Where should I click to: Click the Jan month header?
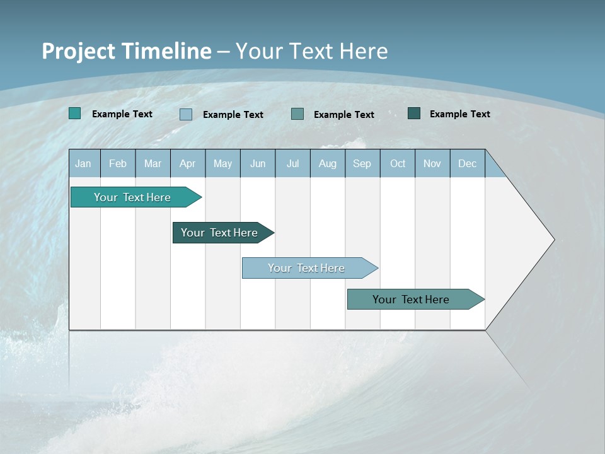point(83,163)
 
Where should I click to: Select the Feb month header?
point(118,163)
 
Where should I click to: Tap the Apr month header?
point(187,163)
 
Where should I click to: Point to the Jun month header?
point(258,163)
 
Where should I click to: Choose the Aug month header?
point(328,163)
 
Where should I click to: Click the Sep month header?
point(362,163)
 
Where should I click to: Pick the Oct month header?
point(398,163)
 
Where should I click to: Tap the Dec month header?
point(467,163)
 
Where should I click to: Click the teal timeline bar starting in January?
point(133,197)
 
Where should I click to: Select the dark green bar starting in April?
point(220,233)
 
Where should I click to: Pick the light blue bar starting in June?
point(307,268)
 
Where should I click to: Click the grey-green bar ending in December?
point(412,300)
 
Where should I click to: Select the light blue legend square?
point(186,114)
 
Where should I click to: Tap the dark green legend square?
point(414,113)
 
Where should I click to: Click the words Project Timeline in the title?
point(127,51)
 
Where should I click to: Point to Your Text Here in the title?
point(312,51)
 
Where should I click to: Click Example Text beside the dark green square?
point(459,113)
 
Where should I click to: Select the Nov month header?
point(432,163)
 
